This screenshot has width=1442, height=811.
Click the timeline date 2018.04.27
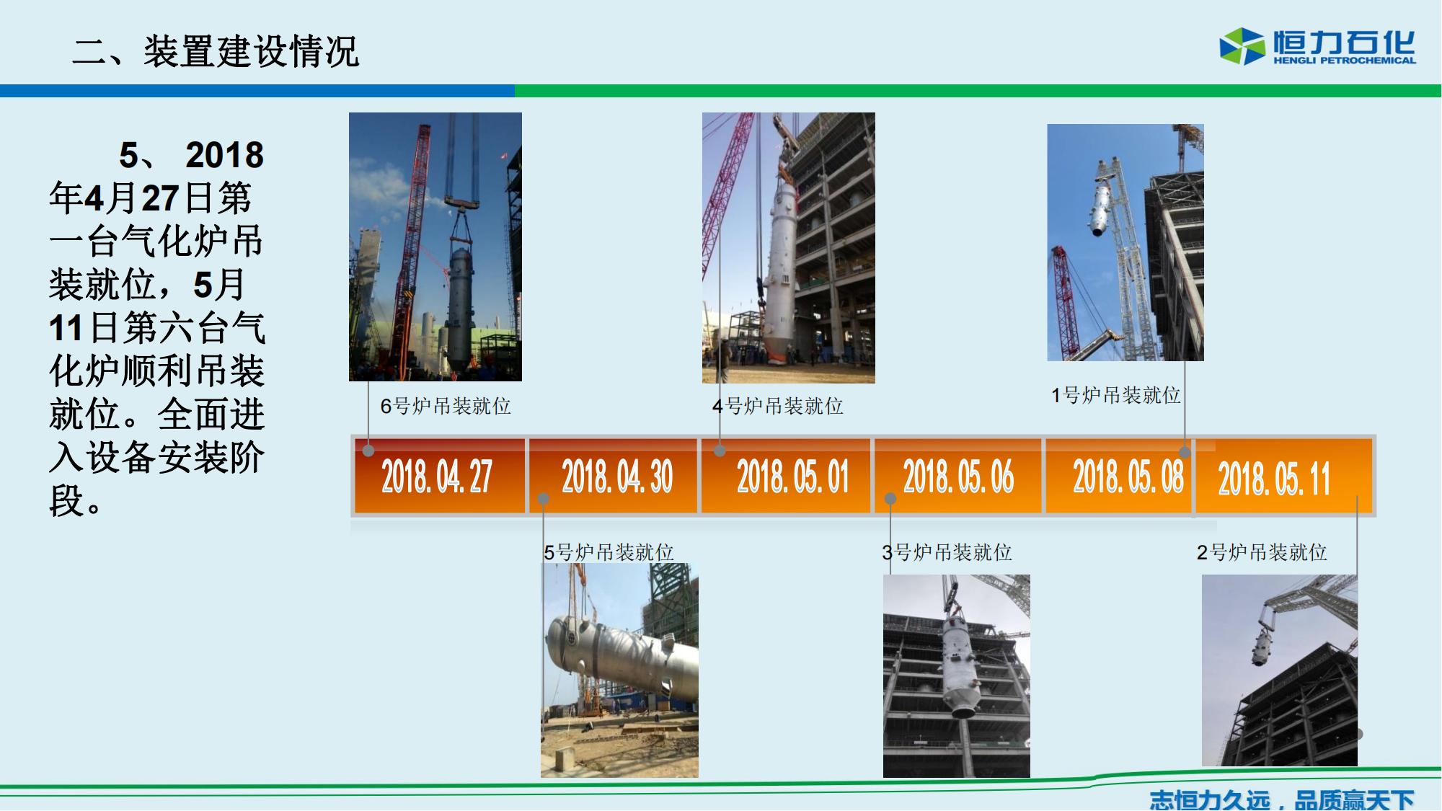[x=437, y=477]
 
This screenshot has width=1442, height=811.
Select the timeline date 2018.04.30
[x=617, y=477]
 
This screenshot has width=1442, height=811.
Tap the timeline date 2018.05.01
[x=793, y=477]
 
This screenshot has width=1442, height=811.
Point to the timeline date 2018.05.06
[x=959, y=477]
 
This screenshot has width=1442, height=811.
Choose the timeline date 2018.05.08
[x=1128, y=477]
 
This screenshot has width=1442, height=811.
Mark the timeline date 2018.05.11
[x=1274, y=479]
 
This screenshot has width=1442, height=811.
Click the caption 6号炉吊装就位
[x=446, y=406]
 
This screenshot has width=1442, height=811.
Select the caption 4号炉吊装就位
[x=778, y=406]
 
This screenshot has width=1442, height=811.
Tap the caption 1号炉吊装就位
[x=1116, y=395]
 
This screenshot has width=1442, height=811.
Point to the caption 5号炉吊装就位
[x=609, y=552]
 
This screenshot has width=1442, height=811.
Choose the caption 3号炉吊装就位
[x=947, y=552]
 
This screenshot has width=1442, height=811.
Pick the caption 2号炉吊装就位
[x=1262, y=552]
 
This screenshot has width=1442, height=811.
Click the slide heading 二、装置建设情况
[x=216, y=51]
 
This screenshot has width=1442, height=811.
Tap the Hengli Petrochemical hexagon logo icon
[x=1242, y=46]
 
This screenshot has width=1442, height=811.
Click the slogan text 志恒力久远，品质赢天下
[x=1282, y=799]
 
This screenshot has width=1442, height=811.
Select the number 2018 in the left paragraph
[x=225, y=155]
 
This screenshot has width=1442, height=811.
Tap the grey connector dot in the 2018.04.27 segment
[x=368, y=451]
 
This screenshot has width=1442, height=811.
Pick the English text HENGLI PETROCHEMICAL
[x=1345, y=61]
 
